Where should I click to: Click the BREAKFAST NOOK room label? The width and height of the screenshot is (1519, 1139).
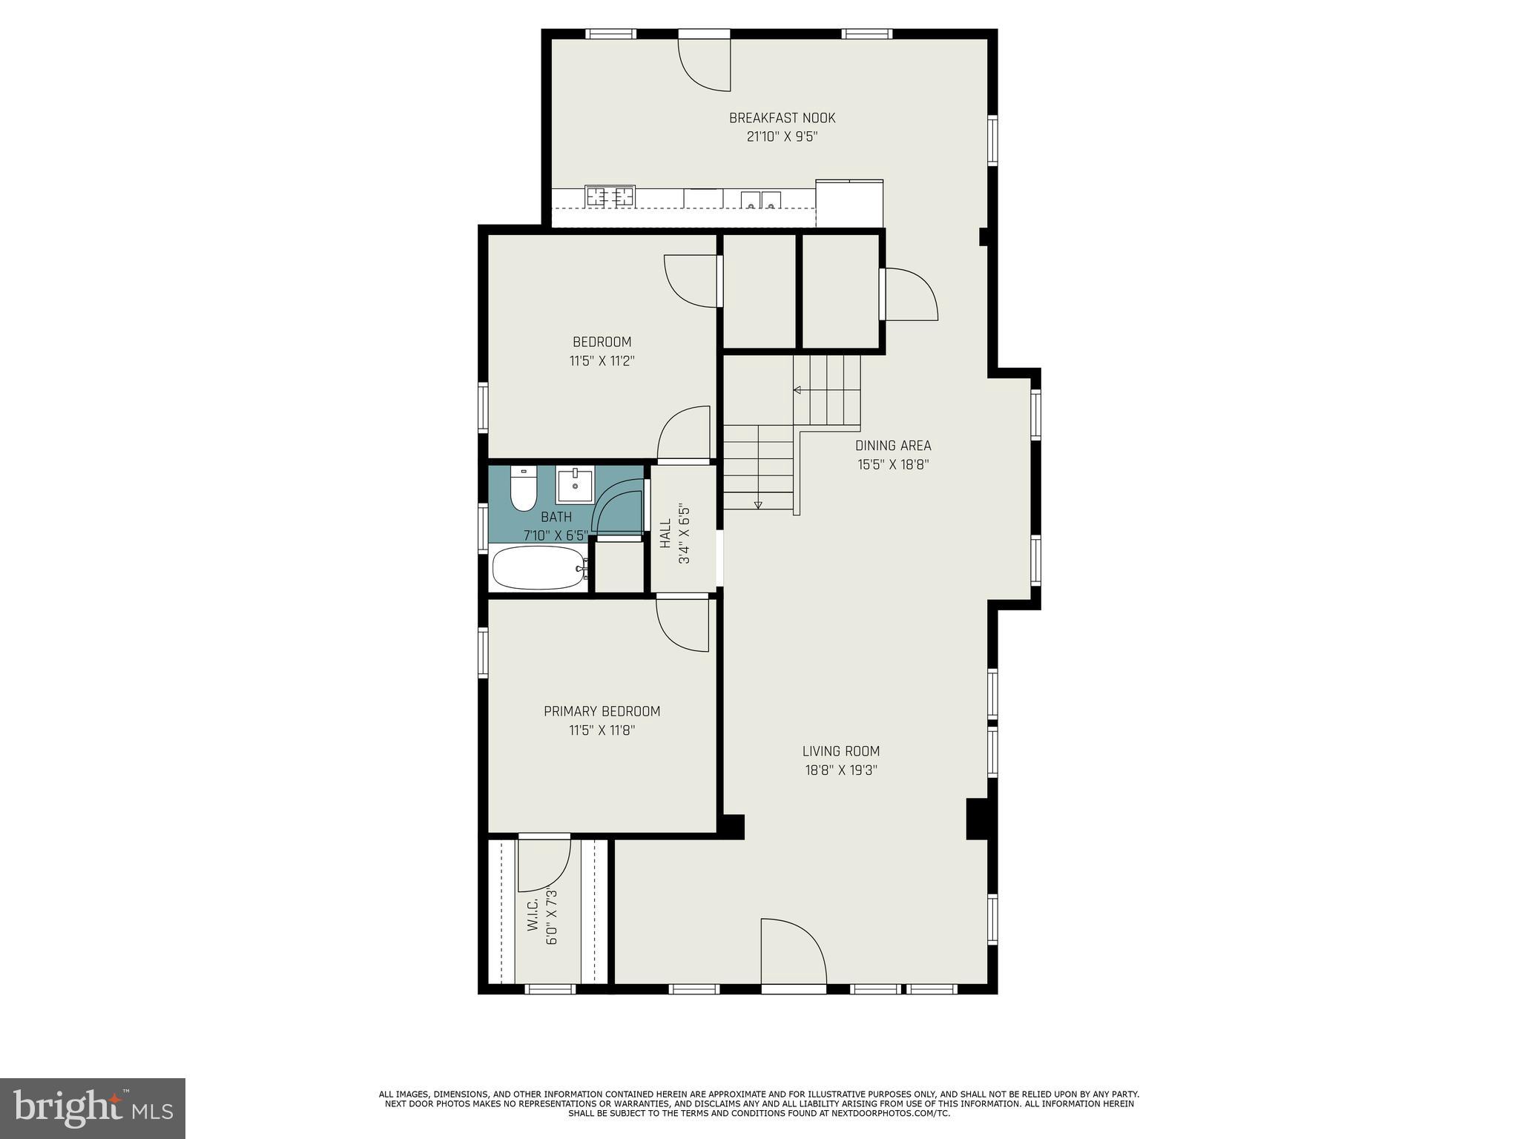pyautogui.click(x=782, y=118)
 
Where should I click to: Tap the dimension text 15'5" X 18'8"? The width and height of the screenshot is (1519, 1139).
pyautogui.click(x=893, y=465)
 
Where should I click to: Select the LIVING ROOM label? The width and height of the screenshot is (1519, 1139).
pyautogui.click(x=841, y=751)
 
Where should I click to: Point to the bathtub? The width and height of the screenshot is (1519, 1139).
pyautogui.click(x=539, y=569)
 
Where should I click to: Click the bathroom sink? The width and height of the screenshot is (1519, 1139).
pyautogui.click(x=575, y=486)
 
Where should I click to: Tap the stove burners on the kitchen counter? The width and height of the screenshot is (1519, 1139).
pyautogui.click(x=610, y=197)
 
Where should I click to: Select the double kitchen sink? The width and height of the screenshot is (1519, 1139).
pyautogui.click(x=761, y=199)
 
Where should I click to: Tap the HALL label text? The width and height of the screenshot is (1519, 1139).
pyautogui.click(x=665, y=533)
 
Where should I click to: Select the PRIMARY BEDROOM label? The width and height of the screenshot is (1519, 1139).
pyautogui.click(x=602, y=711)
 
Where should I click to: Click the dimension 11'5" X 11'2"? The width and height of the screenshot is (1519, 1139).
pyautogui.click(x=602, y=361)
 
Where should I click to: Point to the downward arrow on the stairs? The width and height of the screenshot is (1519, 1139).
pyautogui.click(x=758, y=505)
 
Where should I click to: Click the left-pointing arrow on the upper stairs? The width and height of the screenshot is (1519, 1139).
pyautogui.click(x=797, y=390)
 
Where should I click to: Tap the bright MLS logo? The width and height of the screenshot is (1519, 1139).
pyautogui.click(x=93, y=1108)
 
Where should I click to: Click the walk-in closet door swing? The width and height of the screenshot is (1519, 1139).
pyautogui.click(x=544, y=864)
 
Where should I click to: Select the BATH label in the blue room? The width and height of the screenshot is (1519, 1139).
pyautogui.click(x=556, y=517)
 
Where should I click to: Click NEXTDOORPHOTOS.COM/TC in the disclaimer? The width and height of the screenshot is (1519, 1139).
pyautogui.click(x=896, y=1113)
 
